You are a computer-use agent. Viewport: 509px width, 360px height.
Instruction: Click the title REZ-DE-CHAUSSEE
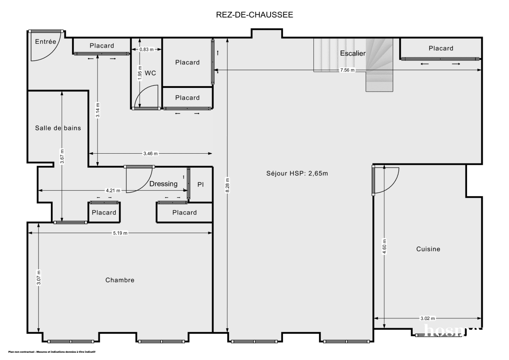254,15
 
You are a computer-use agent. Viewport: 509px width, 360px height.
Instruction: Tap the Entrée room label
45,42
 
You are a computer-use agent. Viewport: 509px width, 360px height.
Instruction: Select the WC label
150,73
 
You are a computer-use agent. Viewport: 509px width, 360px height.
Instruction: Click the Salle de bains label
58,128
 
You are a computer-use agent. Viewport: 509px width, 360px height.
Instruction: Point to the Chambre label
120,280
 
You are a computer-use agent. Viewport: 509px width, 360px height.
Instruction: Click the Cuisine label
428,249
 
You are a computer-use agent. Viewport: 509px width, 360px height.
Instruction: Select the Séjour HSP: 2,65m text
297,173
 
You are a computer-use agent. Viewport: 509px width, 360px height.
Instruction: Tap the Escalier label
352,53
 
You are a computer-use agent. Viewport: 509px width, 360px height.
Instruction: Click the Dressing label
163,184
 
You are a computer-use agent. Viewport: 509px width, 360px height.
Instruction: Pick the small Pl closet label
201,185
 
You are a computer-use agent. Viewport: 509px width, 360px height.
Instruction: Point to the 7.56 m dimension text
347,70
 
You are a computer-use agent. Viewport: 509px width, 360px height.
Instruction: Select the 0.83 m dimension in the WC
146,50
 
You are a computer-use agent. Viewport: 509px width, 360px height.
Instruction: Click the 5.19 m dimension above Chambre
120,233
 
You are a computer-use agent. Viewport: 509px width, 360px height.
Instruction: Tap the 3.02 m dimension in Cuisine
428,318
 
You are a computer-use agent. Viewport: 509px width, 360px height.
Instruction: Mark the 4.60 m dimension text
384,247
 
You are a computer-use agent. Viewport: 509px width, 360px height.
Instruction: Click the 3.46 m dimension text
150,154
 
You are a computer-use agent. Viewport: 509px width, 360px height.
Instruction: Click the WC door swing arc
147,97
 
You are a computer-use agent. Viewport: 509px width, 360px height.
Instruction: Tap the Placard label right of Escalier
441,48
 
